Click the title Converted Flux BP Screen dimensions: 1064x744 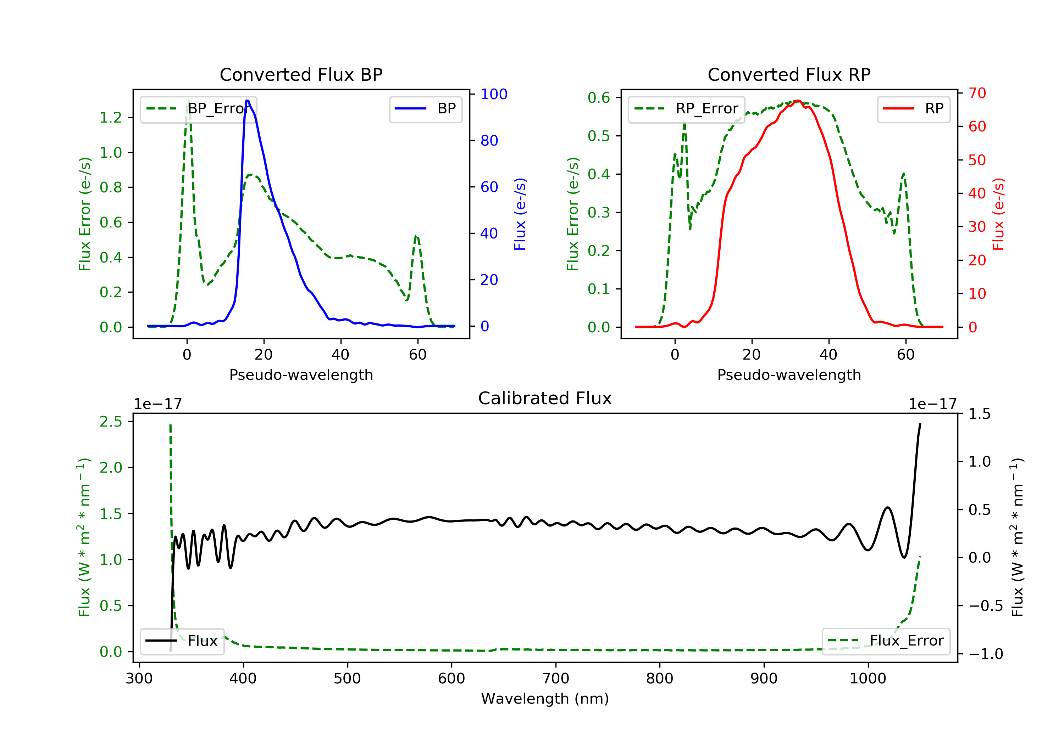(x=301, y=74)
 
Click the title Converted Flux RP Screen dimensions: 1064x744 (x=789, y=74)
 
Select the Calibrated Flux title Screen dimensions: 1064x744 (x=545, y=398)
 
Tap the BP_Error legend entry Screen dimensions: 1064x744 (x=198, y=109)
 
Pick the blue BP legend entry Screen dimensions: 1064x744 (x=425, y=109)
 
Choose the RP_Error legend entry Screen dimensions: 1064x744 (x=686, y=109)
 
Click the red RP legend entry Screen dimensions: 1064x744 (x=913, y=109)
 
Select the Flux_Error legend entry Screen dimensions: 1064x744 (x=886, y=641)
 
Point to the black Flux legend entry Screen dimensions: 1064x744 (x=182, y=641)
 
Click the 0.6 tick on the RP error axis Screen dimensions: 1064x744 (x=599, y=98)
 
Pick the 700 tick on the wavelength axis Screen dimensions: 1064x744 (x=556, y=679)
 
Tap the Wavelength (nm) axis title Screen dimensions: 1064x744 (x=545, y=699)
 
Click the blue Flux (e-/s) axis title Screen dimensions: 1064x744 (x=520, y=214)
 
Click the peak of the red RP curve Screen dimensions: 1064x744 (x=797, y=101)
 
